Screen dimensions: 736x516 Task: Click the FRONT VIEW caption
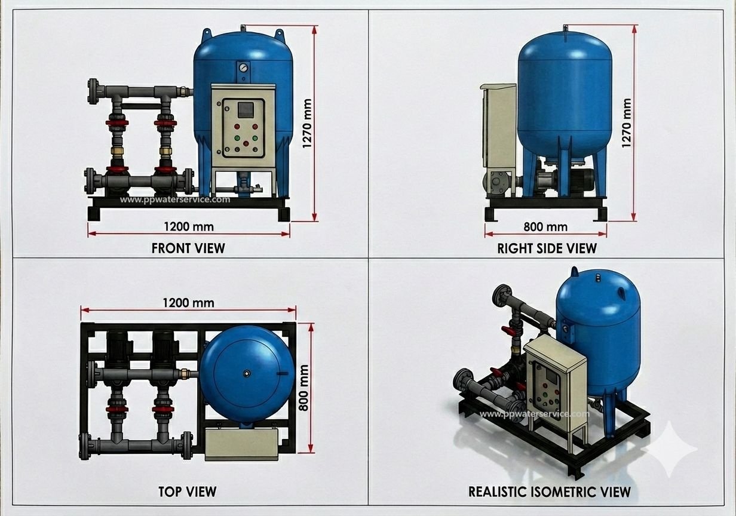[x=188, y=248]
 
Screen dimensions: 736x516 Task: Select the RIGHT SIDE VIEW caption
[x=547, y=248]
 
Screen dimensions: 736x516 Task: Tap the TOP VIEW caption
[x=188, y=492]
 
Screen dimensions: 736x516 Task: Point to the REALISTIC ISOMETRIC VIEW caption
[x=550, y=492]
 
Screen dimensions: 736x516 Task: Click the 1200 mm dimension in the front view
[x=189, y=226]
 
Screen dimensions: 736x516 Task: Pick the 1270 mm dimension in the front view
[x=307, y=124]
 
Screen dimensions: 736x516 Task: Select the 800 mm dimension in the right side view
[x=545, y=227]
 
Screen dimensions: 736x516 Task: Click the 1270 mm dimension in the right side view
[x=627, y=123]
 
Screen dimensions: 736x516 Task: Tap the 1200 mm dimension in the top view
[x=189, y=303]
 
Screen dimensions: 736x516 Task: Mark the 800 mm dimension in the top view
[x=303, y=388]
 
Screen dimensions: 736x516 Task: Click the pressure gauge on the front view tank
[x=243, y=67]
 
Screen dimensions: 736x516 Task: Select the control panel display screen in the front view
[x=246, y=110]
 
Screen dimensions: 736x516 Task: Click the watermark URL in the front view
[x=175, y=199]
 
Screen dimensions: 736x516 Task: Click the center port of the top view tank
[x=246, y=373]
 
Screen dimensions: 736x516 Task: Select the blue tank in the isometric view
[x=599, y=345]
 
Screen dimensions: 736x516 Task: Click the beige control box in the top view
[x=242, y=444]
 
